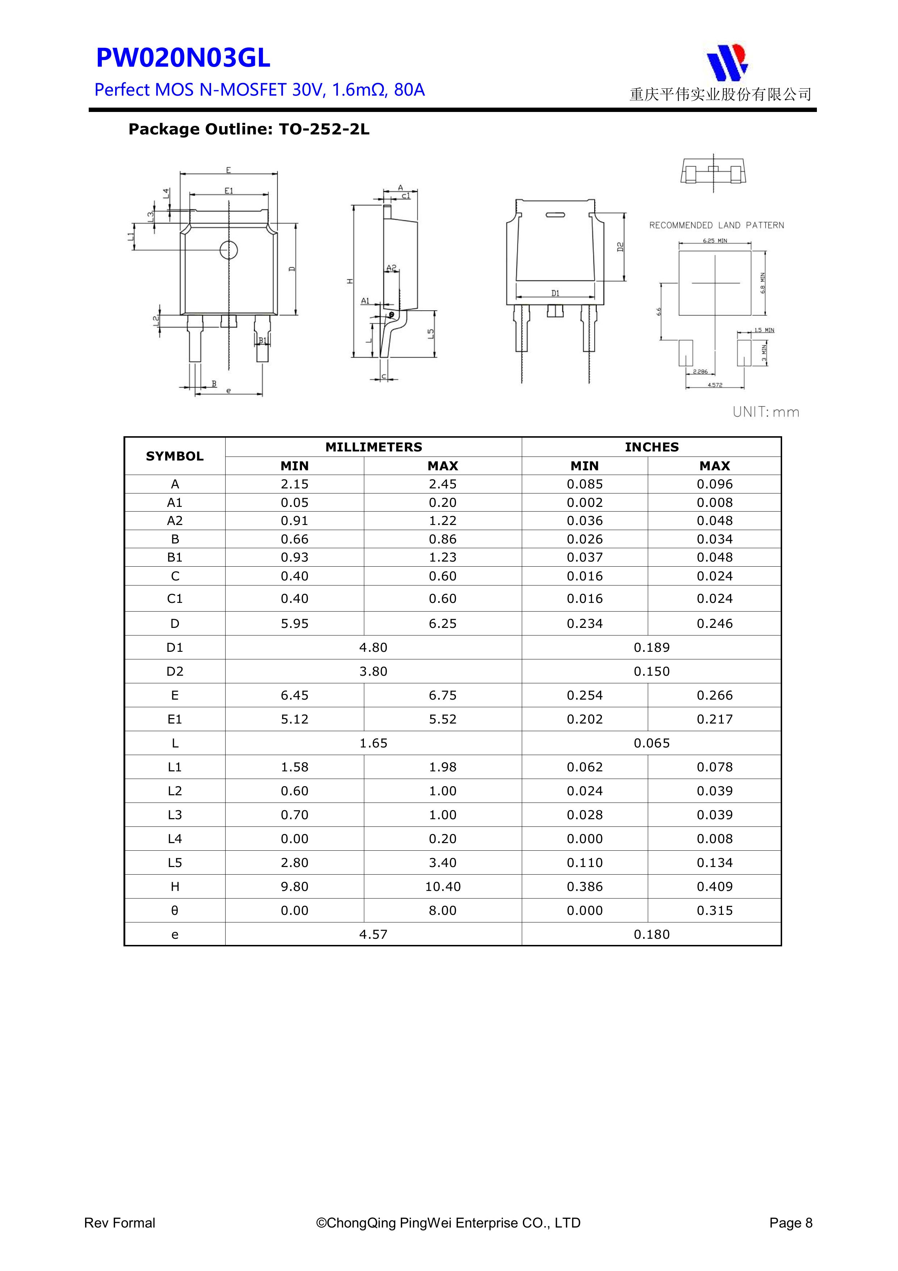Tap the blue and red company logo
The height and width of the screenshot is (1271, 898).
(x=726, y=62)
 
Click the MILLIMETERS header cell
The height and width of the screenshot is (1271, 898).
(x=373, y=447)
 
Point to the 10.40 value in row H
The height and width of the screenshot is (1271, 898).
(x=442, y=886)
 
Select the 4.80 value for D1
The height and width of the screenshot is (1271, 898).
(x=373, y=647)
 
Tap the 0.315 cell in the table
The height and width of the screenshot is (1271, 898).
(x=714, y=910)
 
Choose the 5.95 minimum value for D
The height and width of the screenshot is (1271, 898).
(x=294, y=623)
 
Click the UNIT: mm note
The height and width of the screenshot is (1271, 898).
(x=766, y=412)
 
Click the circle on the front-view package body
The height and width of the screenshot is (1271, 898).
(x=228, y=250)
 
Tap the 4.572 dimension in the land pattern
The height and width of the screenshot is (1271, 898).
(x=715, y=385)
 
